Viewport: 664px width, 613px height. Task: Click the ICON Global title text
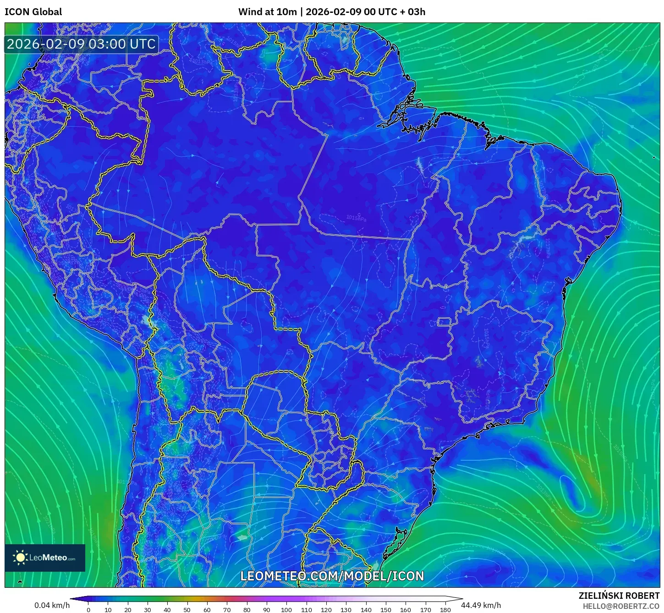pos(33,12)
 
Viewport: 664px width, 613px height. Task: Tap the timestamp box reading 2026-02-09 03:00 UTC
pos(81,44)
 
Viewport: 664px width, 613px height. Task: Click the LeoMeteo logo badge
pos(45,558)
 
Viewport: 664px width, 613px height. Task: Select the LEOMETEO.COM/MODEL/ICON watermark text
pos(332,576)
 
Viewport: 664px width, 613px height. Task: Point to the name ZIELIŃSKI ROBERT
pos(619,596)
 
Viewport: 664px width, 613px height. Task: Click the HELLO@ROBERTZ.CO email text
pos(621,606)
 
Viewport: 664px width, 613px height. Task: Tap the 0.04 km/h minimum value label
pos(52,605)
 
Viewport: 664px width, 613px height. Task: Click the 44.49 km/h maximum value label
pos(481,605)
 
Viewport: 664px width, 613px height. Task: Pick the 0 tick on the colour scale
pos(88,610)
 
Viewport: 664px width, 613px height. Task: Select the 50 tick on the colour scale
pos(187,610)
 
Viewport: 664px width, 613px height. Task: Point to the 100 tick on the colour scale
pos(286,610)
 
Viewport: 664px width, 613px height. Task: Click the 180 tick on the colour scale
pos(445,610)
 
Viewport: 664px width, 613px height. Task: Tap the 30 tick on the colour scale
pos(148,610)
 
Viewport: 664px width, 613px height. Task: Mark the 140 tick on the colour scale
pos(366,610)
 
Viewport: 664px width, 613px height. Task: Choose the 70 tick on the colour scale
pos(227,610)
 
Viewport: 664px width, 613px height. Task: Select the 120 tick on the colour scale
pos(326,610)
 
